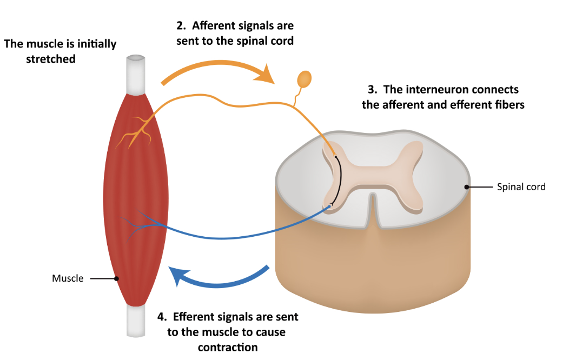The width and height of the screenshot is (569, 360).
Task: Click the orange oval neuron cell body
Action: click(x=305, y=79)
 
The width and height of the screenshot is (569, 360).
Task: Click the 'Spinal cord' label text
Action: click(x=521, y=187)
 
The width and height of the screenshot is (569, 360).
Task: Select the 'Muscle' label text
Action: click(x=68, y=278)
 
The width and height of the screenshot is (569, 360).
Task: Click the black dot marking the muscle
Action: click(x=116, y=279)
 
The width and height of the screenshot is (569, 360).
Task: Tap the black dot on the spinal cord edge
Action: click(x=466, y=187)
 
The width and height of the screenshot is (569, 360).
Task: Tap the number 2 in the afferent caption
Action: click(x=180, y=25)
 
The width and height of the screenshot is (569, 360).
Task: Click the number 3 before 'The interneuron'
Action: click(x=370, y=89)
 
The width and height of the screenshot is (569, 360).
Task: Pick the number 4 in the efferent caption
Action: click(x=161, y=316)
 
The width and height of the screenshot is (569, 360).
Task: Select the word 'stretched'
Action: click(x=51, y=59)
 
